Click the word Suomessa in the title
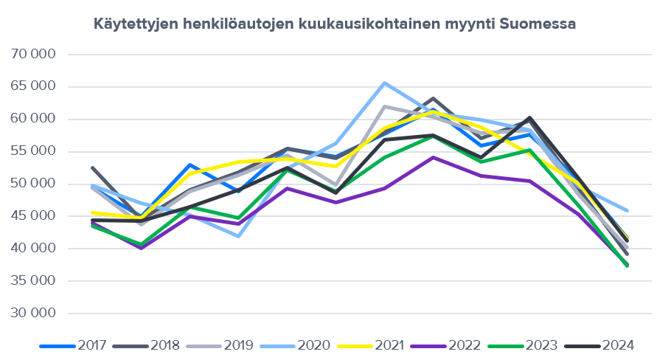[537, 24]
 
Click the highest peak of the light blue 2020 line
[384, 83]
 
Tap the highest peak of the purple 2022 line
[433, 157]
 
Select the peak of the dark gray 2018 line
[433, 99]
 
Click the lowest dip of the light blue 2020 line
[238, 236]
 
